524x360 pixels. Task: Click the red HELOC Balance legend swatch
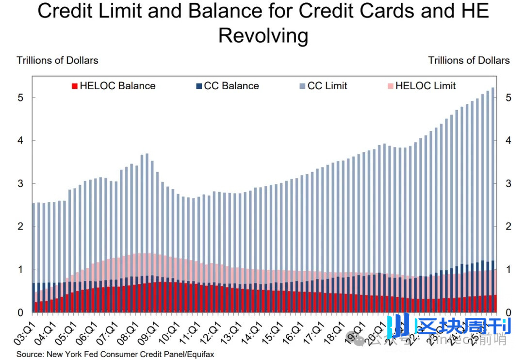(x=74, y=86)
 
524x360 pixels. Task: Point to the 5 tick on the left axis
(x=20, y=98)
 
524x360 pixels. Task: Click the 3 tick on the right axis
(x=507, y=183)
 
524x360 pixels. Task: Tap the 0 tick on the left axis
(x=20, y=312)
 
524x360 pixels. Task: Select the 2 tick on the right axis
(x=507, y=227)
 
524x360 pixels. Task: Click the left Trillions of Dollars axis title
(x=57, y=61)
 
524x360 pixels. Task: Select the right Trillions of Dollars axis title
(x=469, y=61)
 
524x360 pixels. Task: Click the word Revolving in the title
(x=263, y=36)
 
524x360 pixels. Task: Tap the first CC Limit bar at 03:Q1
(x=33, y=243)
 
